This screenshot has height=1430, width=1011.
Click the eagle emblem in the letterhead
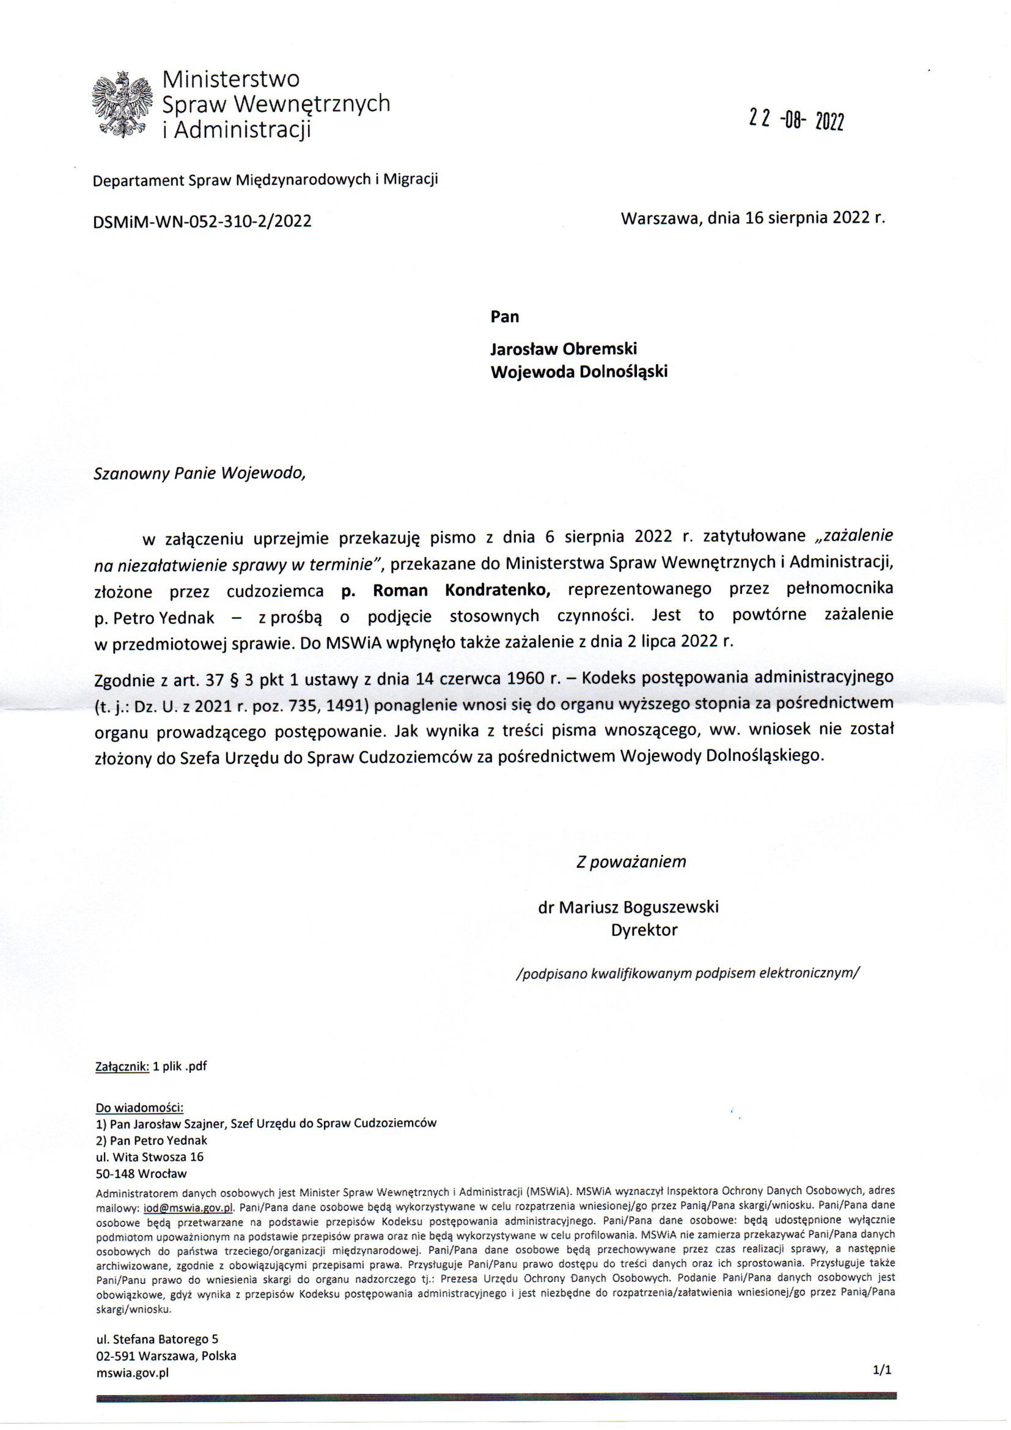[x=122, y=103]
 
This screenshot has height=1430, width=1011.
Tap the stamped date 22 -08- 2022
[x=796, y=120]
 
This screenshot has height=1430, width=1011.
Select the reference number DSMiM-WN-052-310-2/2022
[x=202, y=221]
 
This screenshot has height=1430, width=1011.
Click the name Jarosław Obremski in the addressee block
[x=564, y=349]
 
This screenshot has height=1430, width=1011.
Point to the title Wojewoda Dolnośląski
[x=579, y=372]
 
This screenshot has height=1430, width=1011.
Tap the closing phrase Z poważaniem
[x=631, y=862]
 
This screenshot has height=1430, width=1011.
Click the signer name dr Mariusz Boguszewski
[x=628, y=907]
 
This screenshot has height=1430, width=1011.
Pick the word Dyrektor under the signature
[x=644, y=930]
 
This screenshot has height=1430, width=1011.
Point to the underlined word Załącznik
[x=122, y=1066]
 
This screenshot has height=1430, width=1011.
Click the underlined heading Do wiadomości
[x=139, y=1108]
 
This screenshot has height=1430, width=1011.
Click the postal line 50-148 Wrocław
[x=141, y=1174]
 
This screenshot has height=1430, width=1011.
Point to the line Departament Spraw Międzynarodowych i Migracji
[x=265, y=180]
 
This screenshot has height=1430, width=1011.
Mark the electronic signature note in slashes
[x=687, y=974]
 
